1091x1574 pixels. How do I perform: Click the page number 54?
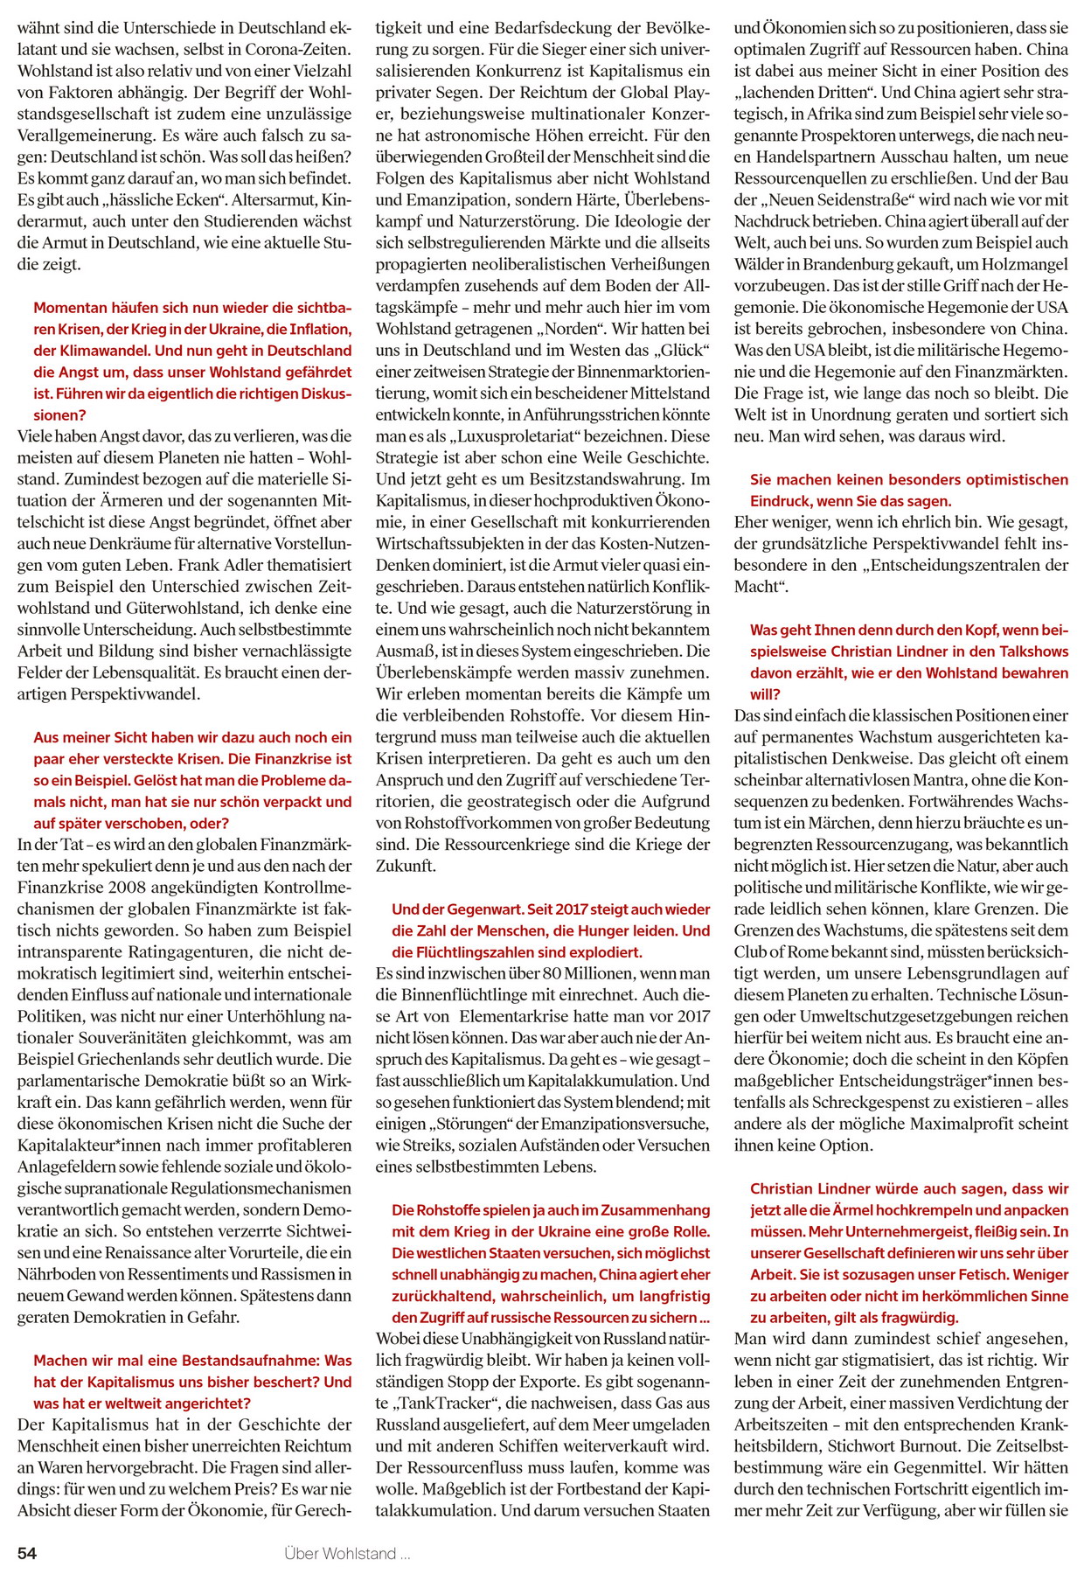point(27,1553)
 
